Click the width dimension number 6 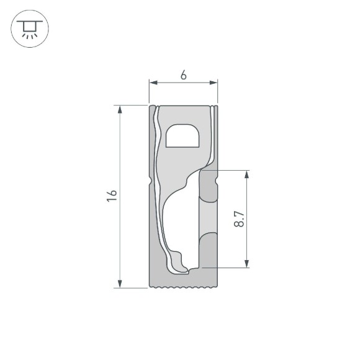[183, 75]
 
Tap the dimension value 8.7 [240, 219]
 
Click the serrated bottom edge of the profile [184, 287]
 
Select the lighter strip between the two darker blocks [208, 217]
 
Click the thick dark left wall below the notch [155, 236]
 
